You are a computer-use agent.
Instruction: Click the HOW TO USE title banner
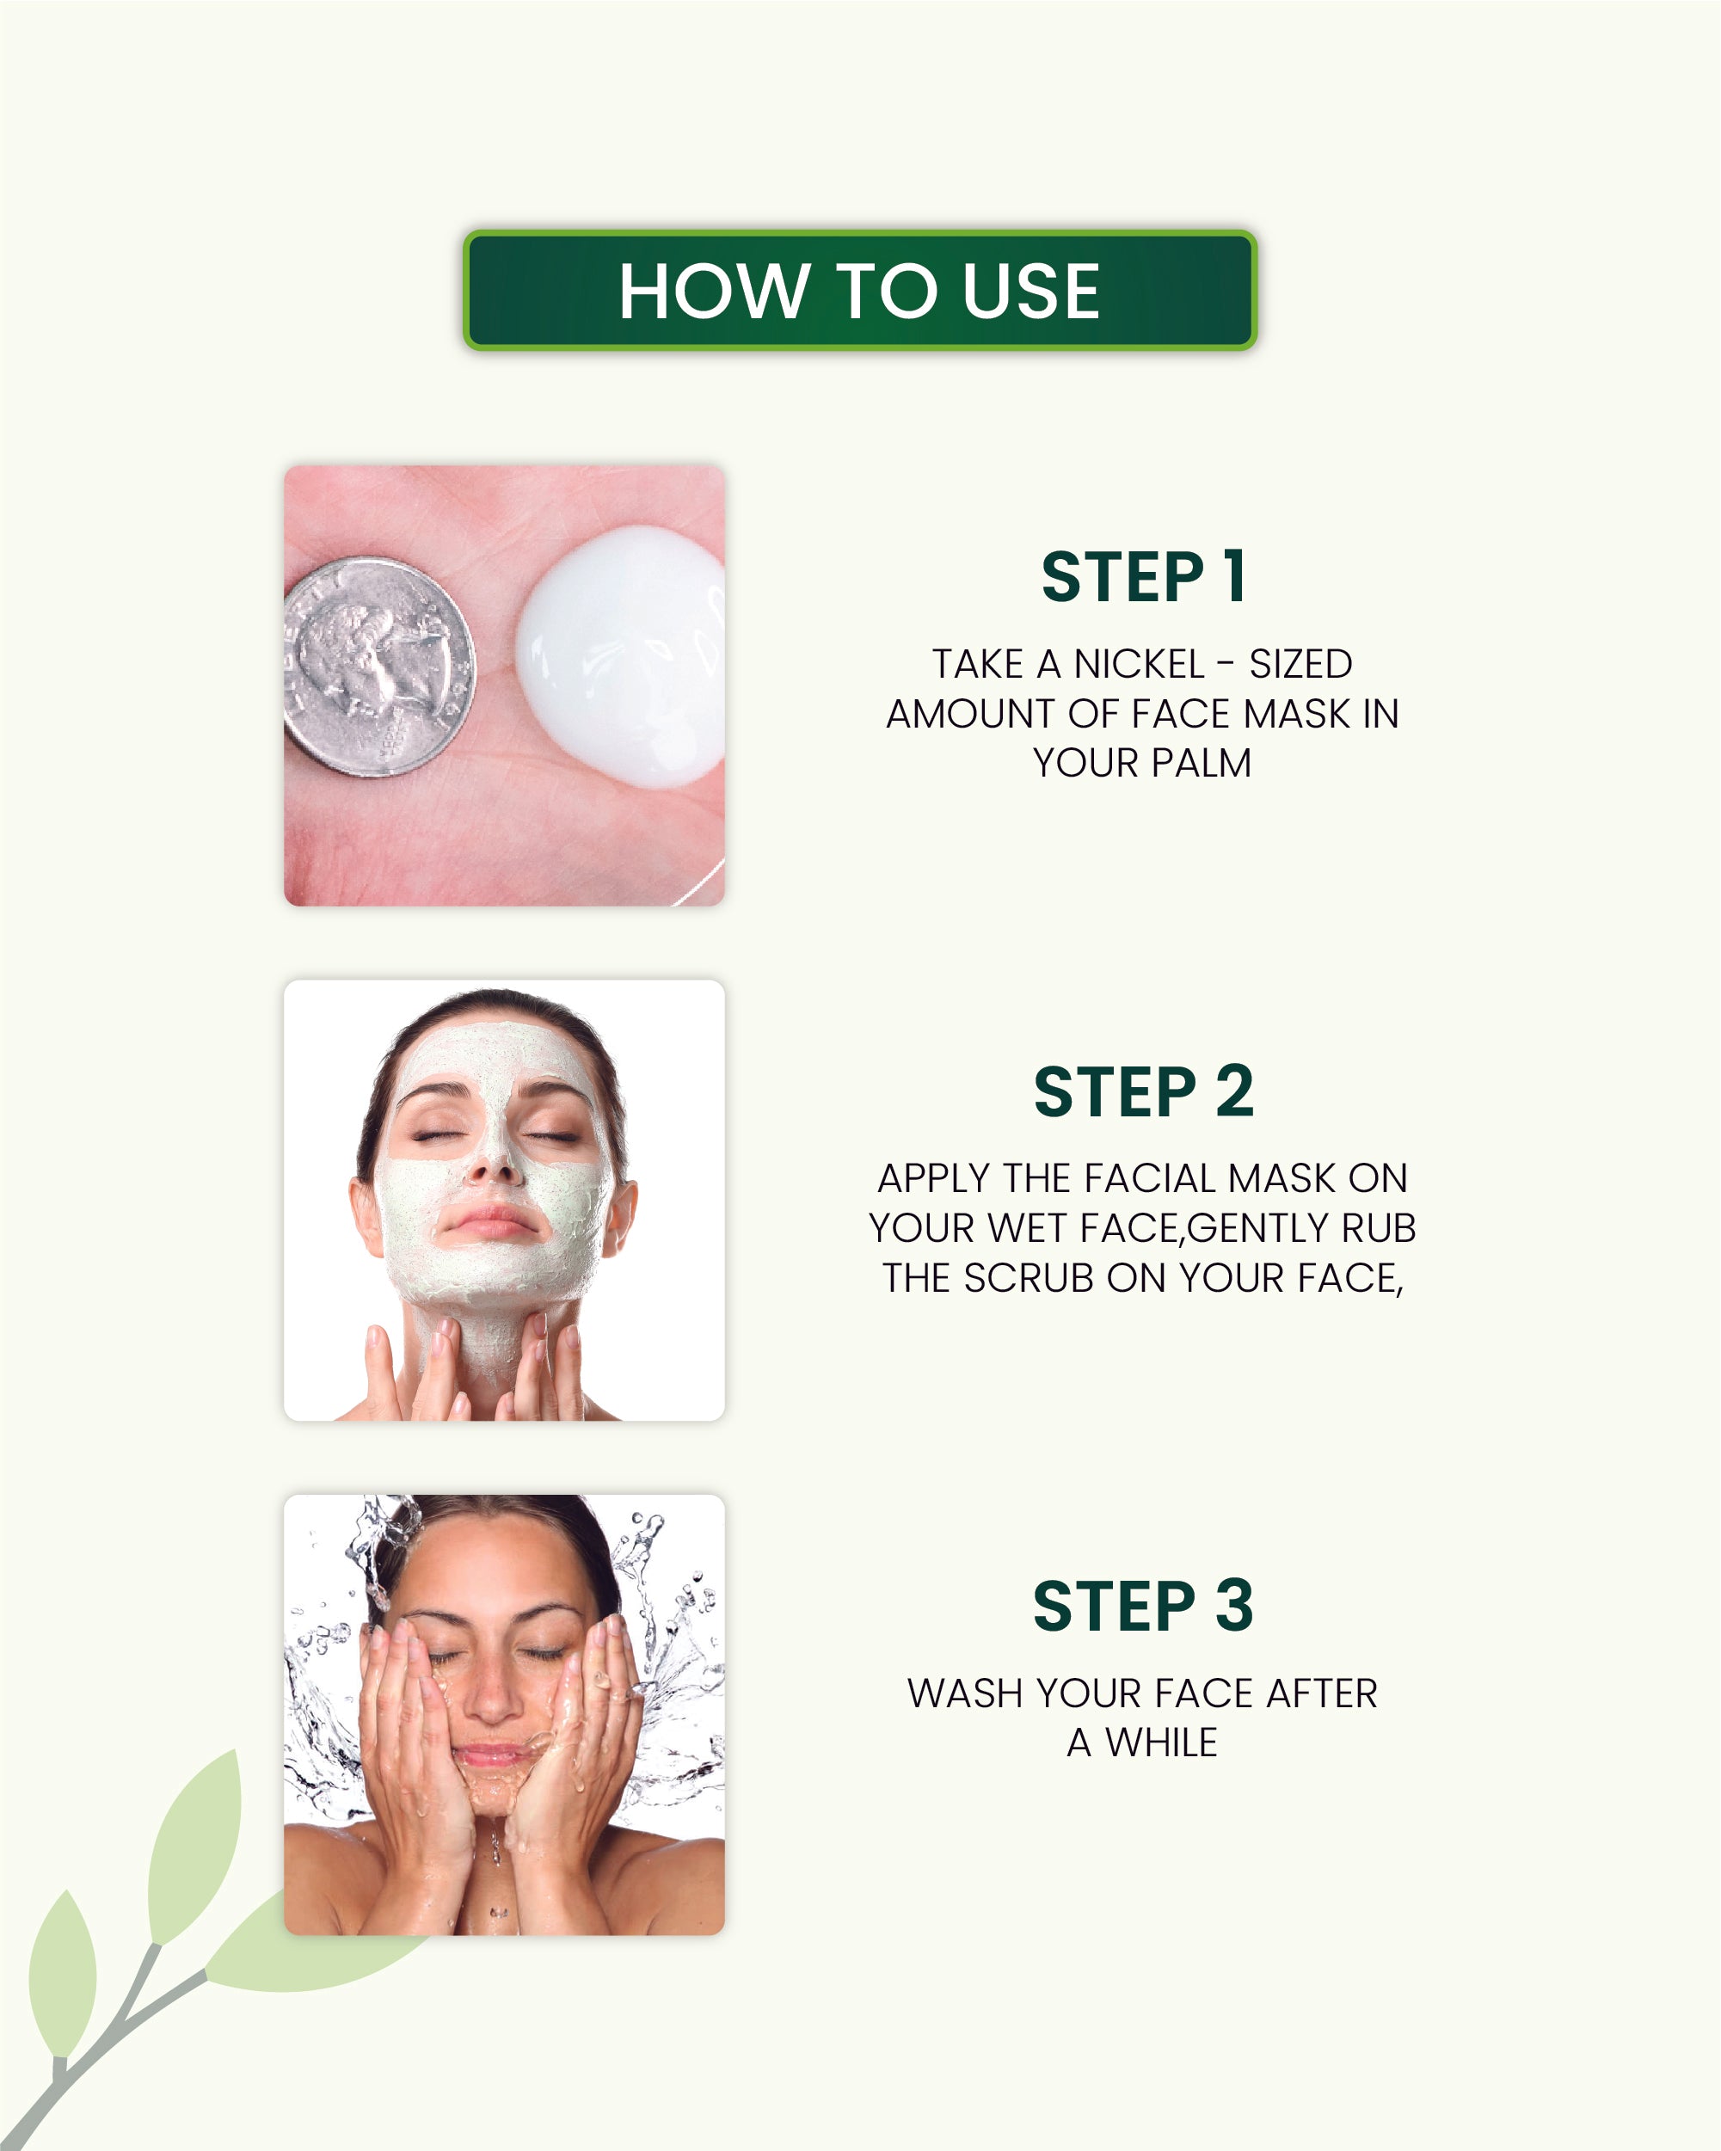click(859, 291)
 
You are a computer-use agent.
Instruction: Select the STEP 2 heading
click(1142, 1091)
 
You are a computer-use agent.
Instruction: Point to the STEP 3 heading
click(1142, 1607)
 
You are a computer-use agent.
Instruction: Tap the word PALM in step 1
click(1202, 763)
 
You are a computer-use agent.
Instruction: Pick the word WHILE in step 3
click(1161, 1743)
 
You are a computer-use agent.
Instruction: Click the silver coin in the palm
click(379, 667)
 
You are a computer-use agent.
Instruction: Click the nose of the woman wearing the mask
click(492, 1162)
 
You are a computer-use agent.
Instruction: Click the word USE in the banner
click(1030, 291)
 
